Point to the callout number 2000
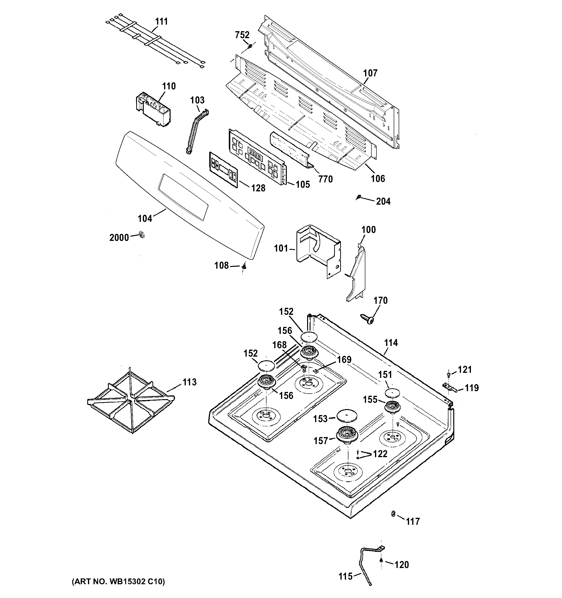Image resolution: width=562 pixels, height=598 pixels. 119,238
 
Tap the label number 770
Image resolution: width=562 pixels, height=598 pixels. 325,179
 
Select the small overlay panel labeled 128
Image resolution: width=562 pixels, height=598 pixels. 223,170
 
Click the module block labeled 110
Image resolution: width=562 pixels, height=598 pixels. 153,110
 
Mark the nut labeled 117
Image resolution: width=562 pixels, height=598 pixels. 393,513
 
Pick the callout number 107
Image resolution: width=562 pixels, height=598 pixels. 370,73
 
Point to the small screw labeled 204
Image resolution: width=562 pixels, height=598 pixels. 358,197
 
